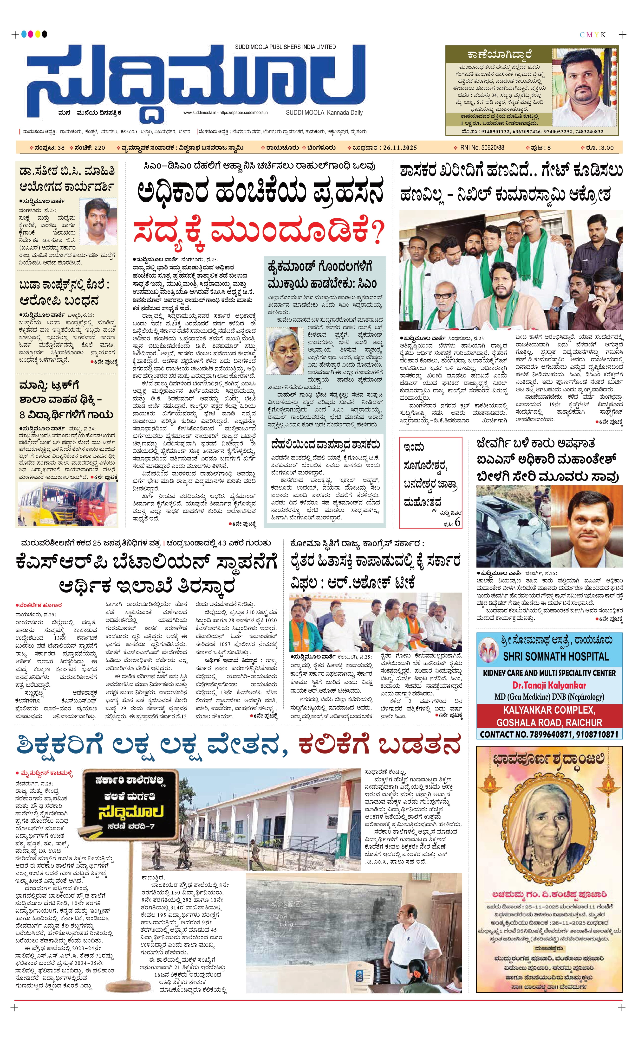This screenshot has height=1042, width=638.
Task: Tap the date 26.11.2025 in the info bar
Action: tap(400, 147)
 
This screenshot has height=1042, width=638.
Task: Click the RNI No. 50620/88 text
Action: tap(482, 147)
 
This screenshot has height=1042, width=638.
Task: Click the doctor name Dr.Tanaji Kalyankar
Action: tap(549, 685)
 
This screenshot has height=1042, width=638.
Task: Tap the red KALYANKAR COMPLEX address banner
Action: tap(549, 716)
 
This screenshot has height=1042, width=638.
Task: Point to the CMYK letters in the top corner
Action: tap(592, 35)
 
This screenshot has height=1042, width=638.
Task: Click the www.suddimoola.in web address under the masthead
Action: tap(200, 113)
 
